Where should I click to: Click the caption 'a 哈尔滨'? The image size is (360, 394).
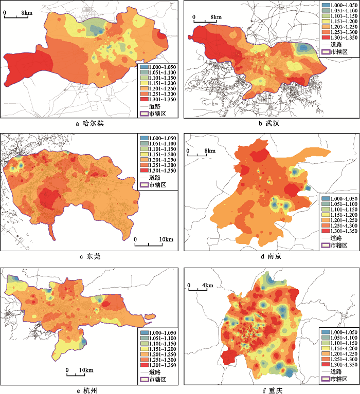[x=89, y=123]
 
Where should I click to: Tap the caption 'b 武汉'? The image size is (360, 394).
[x=270, y=123]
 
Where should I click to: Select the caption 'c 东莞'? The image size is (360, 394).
[x=89, y=256]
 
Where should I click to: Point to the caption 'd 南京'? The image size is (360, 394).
[x=270, y=256]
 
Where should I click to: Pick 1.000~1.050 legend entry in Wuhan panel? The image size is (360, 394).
[x=337, y=4]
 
